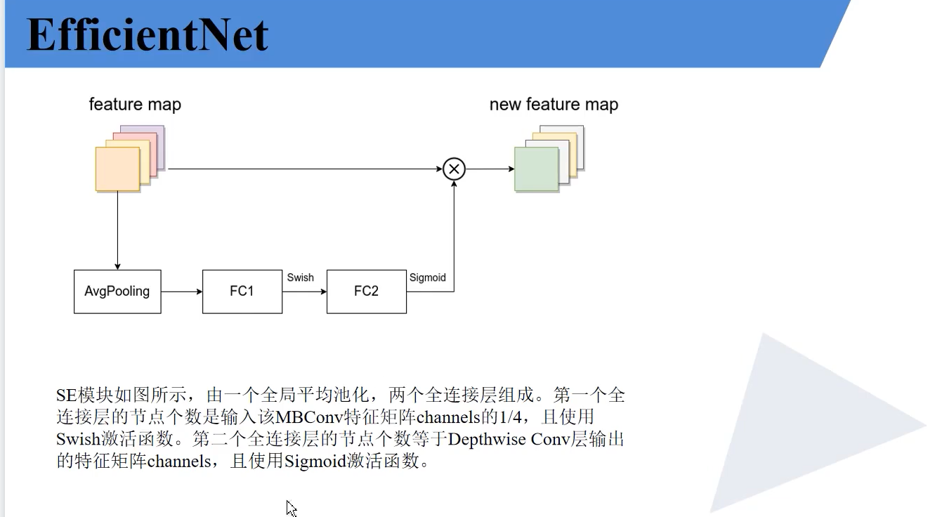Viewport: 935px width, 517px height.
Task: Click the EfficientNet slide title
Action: pos(148,35)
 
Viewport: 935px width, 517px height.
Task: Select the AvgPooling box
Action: pos(117,292)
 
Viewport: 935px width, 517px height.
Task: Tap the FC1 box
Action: pos(242,292)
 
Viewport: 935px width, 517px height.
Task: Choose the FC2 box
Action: pos(366,292)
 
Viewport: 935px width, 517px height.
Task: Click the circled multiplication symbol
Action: pos(454,169)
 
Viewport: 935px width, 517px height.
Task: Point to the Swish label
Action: pos(300,277)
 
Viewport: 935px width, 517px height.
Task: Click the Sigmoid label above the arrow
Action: pos(427,277)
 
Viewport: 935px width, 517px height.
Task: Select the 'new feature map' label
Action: pos(554,105)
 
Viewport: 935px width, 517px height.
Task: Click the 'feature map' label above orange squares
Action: pos(135,105)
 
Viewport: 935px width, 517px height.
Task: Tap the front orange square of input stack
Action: pos(117,169)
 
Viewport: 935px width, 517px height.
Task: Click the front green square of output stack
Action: pos(536,169)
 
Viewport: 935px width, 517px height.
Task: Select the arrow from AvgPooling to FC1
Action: pos(181,292)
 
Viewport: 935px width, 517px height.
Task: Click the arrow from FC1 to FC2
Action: pos(304,292)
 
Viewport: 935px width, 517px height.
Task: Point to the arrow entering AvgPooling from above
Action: pos(117,232)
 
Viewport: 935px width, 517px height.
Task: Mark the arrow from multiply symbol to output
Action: pos(490,169)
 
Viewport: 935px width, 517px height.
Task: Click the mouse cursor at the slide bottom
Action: pos(291,507)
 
